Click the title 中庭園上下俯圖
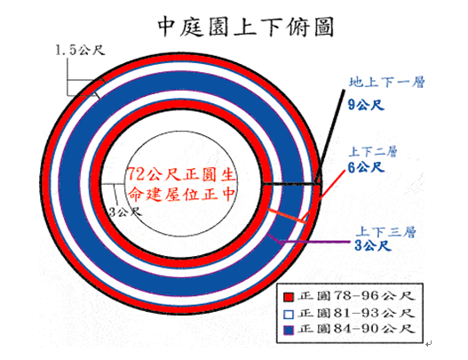pos(245,27)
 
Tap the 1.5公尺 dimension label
pos(80,50)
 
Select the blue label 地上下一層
pos(387,82)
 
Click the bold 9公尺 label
pos(366,105)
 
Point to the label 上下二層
pos(373,152)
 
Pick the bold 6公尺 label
pos(366,167)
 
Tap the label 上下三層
pos(385,232)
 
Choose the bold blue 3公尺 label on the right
pos(373,246)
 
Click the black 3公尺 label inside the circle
pos(125,212)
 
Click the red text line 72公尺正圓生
pos(181,174)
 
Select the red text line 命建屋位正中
pos(181,194)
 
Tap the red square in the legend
pos(289,297)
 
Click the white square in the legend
pos(289,315)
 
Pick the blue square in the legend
pos(289,330)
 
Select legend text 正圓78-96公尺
pos(356,296)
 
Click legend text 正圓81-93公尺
pos(356,313)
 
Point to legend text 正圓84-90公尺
pos(356,329)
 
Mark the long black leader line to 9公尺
pos(330,136)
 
